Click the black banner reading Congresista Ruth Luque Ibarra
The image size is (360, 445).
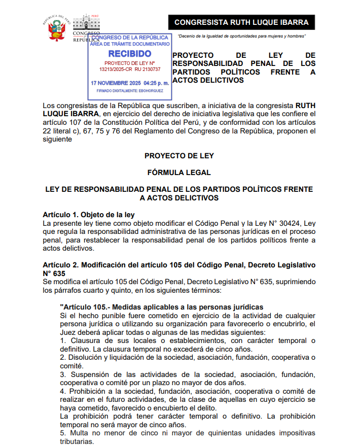(x=241, y=22)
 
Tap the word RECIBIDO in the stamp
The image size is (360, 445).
(x=129, y=54)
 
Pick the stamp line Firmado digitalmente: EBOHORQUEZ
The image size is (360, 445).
(x=130, y=91)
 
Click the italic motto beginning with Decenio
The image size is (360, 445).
(x=241, y=36)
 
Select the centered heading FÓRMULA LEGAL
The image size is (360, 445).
(x=179, y=173)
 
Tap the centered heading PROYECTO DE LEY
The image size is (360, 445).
(x=179, y=156)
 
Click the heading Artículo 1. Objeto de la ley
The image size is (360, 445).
(x=89, y=215)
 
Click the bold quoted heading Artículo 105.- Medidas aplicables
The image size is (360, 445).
(x=161, y=307)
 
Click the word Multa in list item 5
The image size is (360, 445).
(x=77, y=433)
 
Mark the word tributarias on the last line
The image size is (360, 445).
(x=77, y=441)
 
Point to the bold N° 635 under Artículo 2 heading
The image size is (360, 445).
(x=54, y=273)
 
